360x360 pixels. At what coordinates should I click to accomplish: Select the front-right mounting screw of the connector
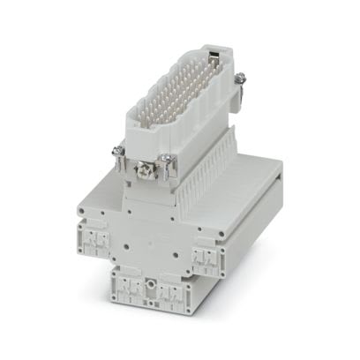(164, 159)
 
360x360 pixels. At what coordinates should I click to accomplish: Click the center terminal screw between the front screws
(140, 168)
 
